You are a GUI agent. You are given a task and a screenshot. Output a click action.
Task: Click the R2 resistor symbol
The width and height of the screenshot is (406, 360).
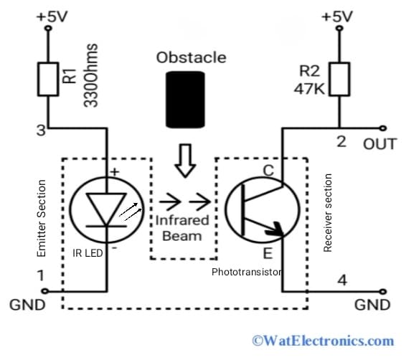(340, 77)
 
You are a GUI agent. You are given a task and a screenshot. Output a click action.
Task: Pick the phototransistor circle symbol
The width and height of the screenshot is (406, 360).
(262, 209)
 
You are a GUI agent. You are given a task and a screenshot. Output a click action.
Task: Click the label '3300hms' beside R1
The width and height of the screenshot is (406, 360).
(91, 76)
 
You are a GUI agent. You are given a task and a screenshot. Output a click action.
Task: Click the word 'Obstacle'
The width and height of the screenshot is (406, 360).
(191, 57)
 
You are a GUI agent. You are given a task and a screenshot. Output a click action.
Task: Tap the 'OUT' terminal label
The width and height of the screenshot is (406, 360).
(379, 144)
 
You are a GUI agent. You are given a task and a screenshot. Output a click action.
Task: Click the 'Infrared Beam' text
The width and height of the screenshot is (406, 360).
(182, 228)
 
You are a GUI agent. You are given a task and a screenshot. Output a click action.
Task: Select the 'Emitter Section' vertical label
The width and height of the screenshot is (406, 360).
(41, 219)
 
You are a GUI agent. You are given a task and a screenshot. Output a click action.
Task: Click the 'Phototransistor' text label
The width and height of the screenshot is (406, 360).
(246, 273)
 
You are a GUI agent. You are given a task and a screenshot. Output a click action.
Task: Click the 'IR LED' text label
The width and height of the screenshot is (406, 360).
(88, 254)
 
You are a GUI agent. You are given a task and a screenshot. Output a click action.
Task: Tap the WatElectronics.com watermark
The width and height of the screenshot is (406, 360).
(322, 341)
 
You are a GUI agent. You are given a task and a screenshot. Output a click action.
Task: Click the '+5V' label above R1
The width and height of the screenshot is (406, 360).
(51, 16)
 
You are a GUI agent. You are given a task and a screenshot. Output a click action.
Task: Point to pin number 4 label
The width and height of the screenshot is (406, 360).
(341, 280)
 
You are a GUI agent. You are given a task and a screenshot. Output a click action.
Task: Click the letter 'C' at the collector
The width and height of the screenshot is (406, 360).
(269, 171)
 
